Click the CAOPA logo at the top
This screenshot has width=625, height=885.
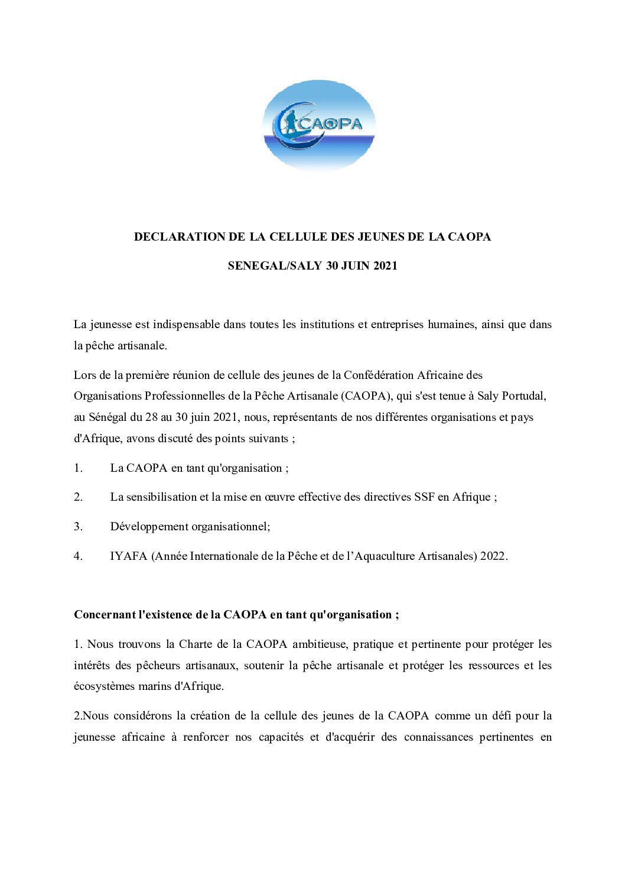pyautogui.click(x=319, y=125)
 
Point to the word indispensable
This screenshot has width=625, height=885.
pyautogui.click(x=186, y=325)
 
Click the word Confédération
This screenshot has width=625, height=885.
pyautogui.click(x=379, y=375)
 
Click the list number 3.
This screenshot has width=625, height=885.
pyautogui.click(x=78, y=527)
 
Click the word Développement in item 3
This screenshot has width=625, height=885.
pyautogui.click(x=149, y=527)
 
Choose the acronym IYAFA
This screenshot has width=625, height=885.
pyautogui.click(x=128, y=556)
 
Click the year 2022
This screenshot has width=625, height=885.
pyautogui.click(x=493, y=556)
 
